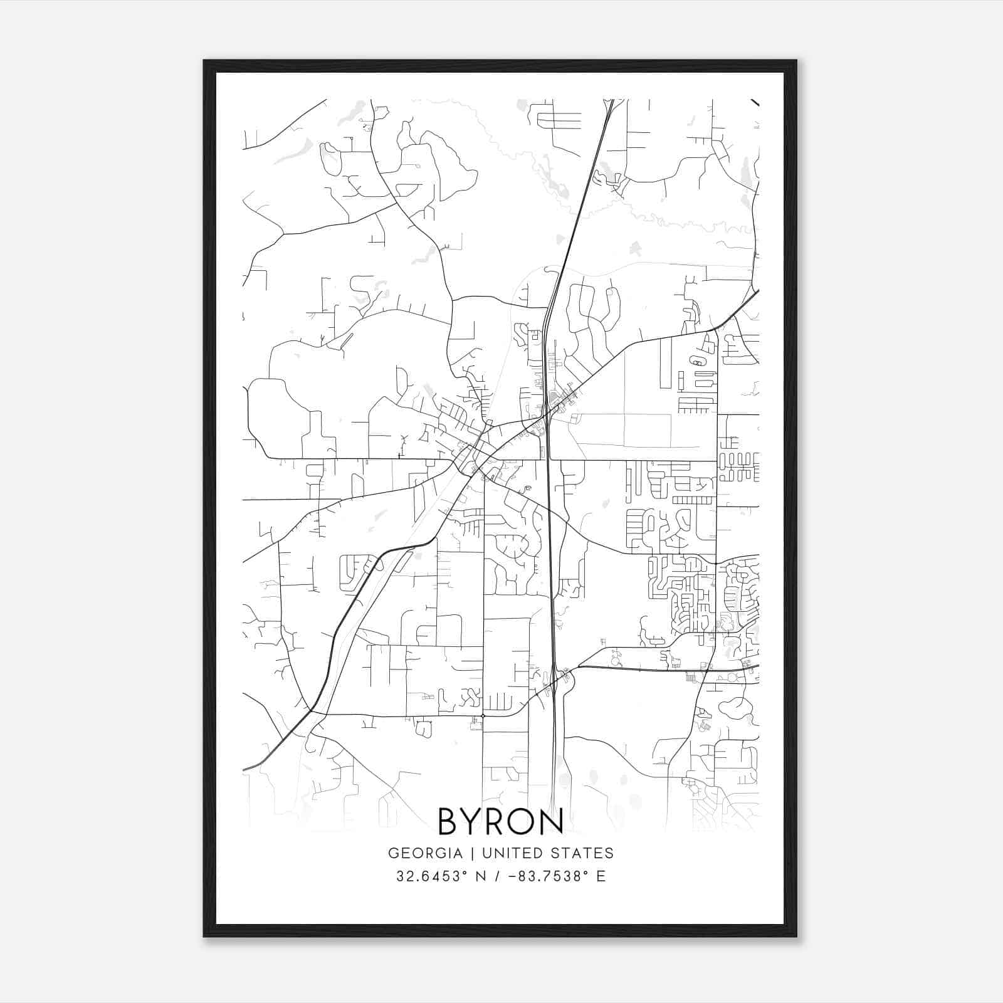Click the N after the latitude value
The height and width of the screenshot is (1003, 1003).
[x=481, y=876]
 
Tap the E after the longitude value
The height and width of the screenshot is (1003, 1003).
[x=601, y=876]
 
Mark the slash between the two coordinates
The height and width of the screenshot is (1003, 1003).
[x=498, y=876]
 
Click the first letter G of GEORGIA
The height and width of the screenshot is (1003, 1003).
[x=393, y=853]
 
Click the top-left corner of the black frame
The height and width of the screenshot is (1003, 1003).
[x=204, y=61]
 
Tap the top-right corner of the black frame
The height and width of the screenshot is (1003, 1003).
[x=796, y=61]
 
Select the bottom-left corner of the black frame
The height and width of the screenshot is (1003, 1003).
[x=204, y=936]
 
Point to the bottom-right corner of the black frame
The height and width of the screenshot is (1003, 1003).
[x=796, y=936]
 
